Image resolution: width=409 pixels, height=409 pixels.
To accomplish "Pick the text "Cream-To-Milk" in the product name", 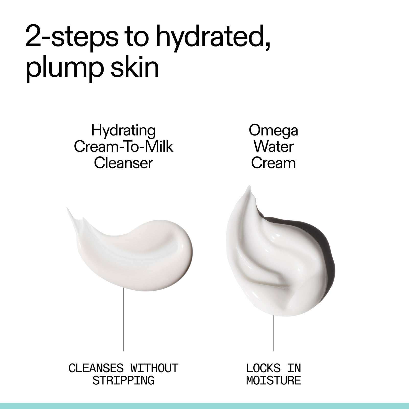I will coord(123,147).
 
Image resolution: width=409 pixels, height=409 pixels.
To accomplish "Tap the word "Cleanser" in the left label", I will coord(123,163).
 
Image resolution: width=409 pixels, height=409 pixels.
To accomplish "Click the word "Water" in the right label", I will coord(273,147).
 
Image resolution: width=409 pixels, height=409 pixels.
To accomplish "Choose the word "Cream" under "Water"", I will coord(273,163).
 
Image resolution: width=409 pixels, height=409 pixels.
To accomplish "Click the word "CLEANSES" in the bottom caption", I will coord(96,368).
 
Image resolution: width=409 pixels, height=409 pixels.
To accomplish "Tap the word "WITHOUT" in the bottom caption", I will coord(154,368).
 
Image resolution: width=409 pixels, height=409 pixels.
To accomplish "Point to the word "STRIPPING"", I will coord(123,381).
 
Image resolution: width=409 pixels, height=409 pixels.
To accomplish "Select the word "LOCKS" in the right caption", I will coord(263,368).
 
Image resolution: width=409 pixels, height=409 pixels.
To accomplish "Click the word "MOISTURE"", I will coord(274,381).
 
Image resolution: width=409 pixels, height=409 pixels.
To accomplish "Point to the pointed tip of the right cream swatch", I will coord(248,188).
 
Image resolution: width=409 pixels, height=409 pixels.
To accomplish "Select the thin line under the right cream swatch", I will coord(274,332).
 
